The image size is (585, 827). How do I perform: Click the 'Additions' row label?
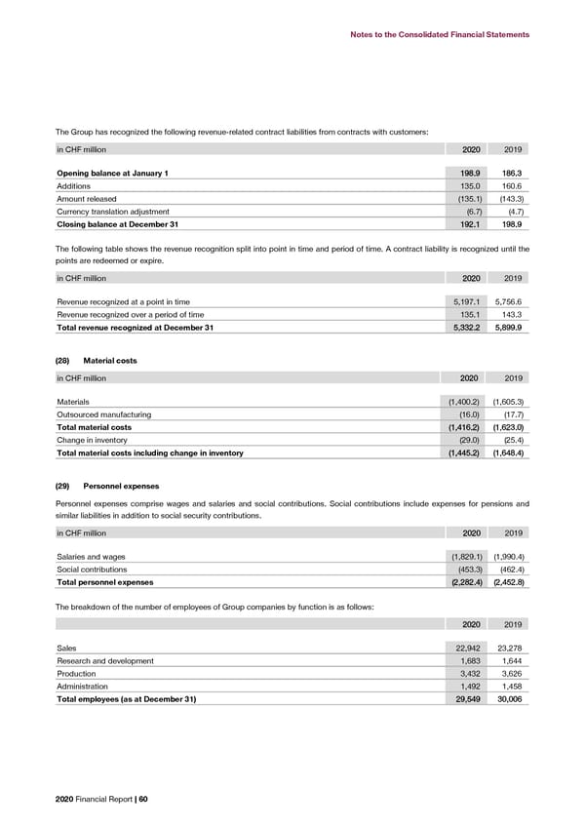pos(75,186)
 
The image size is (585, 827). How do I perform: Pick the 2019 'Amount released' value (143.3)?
pos(508,199)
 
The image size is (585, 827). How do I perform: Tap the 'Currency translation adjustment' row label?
pos(113,212)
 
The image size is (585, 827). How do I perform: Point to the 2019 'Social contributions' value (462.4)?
pos(508,570)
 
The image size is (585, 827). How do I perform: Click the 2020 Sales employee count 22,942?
pos(461,647)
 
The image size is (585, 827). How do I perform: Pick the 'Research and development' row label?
pos(105,660)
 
